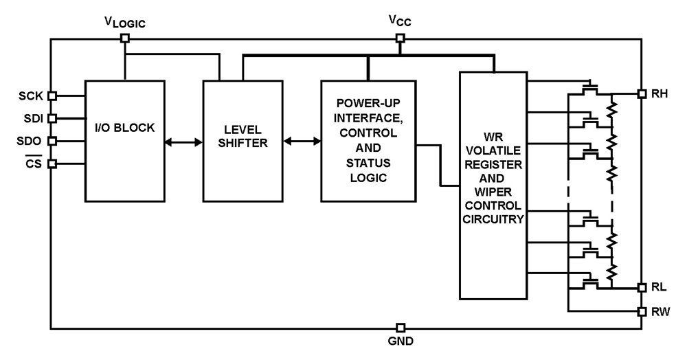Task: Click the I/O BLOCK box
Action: coord(124,141)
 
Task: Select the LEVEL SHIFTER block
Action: coord(243,141)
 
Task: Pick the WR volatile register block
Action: coord(493,185)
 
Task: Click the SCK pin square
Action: coord(52,95)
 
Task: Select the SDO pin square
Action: coord(52,141)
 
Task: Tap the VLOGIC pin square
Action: coord(124,38)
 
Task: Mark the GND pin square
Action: coord(401,328)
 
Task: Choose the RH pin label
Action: coord(660,93)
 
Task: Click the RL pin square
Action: coord(641,287)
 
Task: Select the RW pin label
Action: coord(661,311)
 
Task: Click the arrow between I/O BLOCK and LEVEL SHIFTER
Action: coord(183,142)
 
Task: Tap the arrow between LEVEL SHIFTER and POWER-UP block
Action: coord(302,142)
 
